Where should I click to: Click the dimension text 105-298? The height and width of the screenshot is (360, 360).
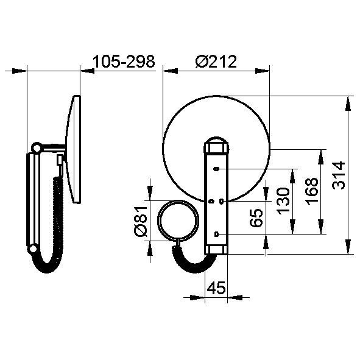pyautogui.click(x=124, y=62)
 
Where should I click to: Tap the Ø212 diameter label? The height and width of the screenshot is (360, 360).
pyautogui.click(x=216, y=62)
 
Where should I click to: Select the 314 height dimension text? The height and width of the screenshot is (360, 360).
pyautogui.click(x=339, y=175)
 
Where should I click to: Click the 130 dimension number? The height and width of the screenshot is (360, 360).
pyautogui.click(x=283, y=201)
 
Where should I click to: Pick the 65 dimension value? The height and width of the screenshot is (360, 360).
pyautogui.click(x=256, y=218)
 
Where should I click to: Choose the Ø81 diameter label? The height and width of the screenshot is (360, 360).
pyautogui.click(x=140, y=221)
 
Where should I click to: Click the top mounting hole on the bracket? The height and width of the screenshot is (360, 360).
pyautogui.click(x=216, y=169)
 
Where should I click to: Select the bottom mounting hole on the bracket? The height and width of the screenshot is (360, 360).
pyautogui.click(x=216, y=234)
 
